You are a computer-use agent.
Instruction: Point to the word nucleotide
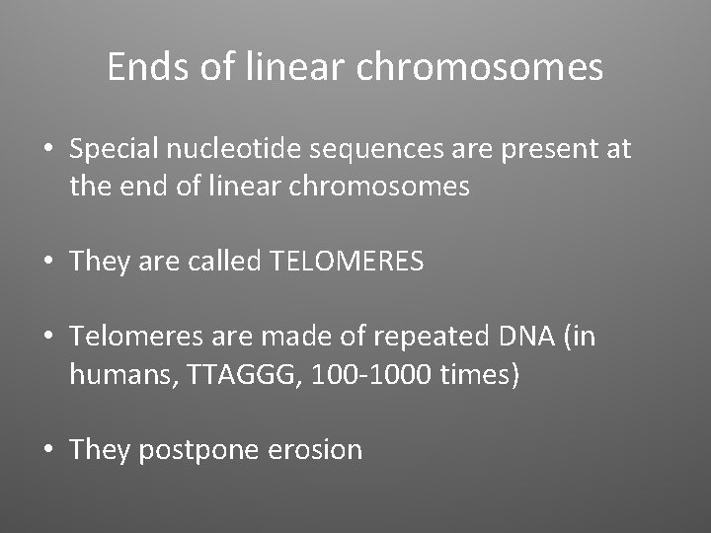241,150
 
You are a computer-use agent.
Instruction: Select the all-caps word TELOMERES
347,262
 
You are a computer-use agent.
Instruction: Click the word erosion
315,450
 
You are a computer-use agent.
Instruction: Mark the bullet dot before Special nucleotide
47,151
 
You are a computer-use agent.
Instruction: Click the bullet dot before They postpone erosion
47,451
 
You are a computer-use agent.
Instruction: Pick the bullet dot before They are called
47,263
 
